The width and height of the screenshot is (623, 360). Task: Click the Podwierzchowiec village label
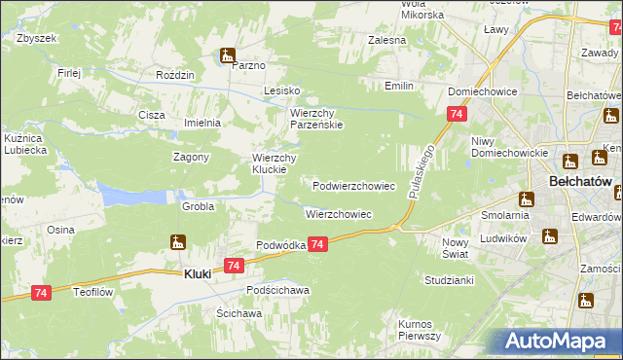point(353,185)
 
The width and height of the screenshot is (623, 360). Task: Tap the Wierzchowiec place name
point(338,214)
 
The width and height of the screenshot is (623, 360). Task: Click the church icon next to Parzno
point(228,54)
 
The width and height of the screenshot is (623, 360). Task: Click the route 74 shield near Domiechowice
point(456,115)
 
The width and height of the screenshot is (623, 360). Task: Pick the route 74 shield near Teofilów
point(41,293)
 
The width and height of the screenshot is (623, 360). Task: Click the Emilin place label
point(399,86)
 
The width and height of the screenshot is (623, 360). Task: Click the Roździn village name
point(176,75)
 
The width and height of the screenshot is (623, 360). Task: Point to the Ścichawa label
point(239,314)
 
